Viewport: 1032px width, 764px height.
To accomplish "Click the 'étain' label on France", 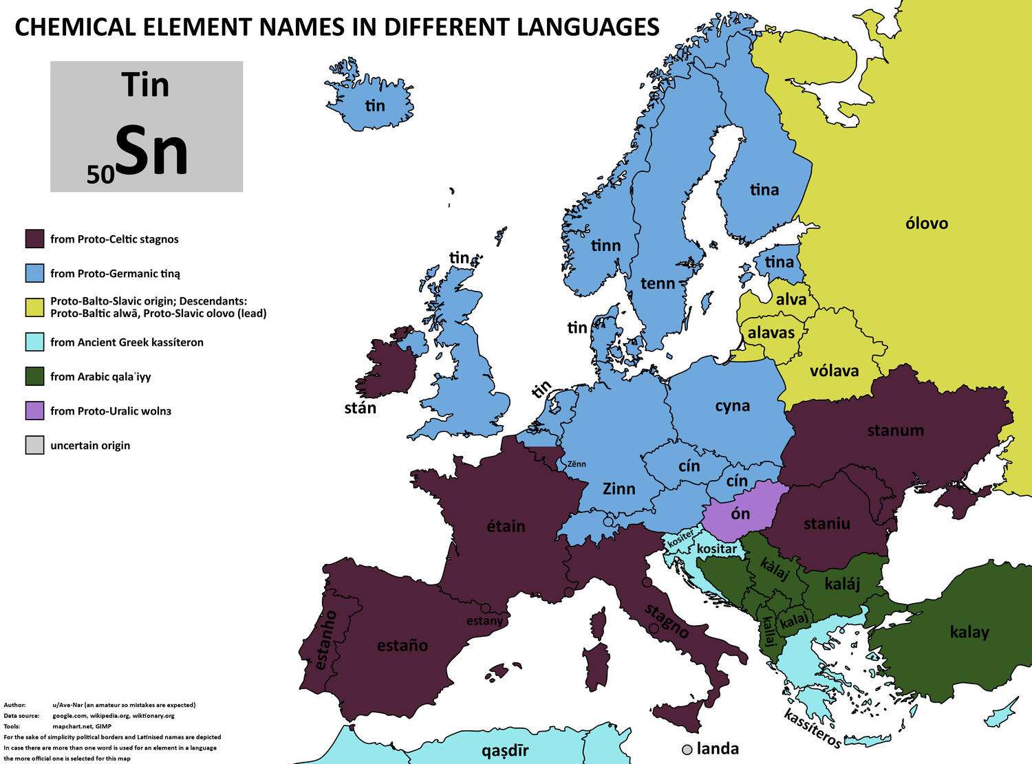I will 506,526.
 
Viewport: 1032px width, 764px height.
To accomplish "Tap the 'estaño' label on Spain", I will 402,646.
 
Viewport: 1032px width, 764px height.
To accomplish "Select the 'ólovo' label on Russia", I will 927,223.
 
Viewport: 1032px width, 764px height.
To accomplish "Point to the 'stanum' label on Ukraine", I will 895,430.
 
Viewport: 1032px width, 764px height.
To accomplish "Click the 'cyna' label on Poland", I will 732,406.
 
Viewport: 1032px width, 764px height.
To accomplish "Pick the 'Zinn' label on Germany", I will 619,489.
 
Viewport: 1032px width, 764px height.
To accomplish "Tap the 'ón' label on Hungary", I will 740,513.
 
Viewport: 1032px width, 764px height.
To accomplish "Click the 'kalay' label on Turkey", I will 969,632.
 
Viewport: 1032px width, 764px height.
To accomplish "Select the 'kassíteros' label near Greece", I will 813,728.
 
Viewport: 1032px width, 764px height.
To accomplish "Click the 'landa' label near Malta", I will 718,749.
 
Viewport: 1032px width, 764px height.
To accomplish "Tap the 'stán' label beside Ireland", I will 360,408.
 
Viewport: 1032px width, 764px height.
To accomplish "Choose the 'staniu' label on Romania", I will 826,523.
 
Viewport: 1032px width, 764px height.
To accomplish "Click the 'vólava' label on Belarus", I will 834,371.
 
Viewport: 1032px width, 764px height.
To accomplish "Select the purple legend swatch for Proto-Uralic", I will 34,411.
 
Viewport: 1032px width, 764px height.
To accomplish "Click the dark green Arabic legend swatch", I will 34,377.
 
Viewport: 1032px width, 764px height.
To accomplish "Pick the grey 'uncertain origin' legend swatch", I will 34,446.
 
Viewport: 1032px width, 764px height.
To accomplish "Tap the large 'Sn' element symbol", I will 151,153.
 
